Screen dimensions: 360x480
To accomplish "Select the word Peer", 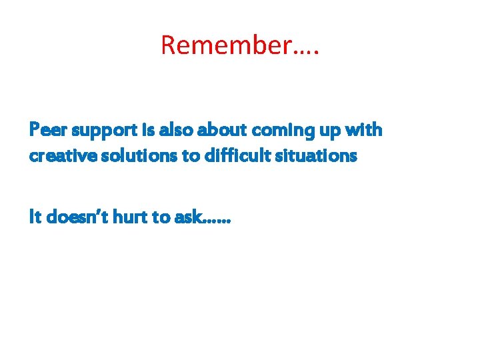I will pos(45,130).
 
